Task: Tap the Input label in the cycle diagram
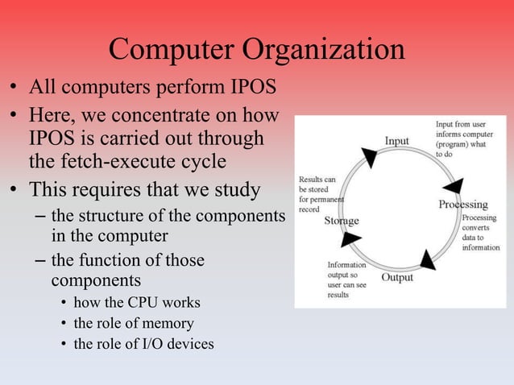(396, 141)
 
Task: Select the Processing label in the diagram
(462, 205)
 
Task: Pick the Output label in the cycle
(396, 277)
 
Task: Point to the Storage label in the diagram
(342, 221)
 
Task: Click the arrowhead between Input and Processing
(454, 186)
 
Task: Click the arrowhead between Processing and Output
(427, 259)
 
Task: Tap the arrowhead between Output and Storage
(351, 239)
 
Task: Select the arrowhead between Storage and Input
(369, 156)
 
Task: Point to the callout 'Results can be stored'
(321, 193)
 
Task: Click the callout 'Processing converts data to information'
(480, 233)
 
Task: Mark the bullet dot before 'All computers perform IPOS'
(14, 86)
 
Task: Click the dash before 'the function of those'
(40, 261)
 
